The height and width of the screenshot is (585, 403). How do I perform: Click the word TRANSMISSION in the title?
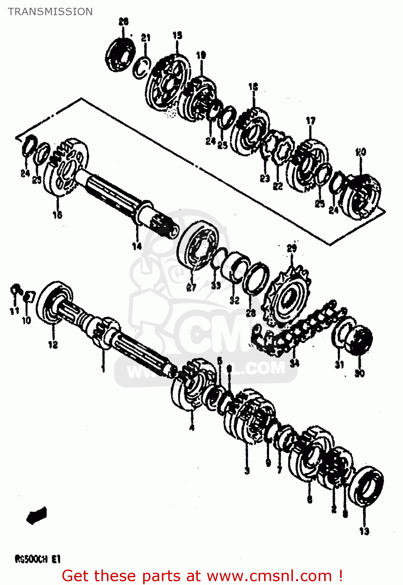pos(50,12)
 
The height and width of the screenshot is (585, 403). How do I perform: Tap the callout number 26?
pos(123,22)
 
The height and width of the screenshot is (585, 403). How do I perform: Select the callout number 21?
pos(146,38)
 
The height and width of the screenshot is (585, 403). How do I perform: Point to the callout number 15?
pos(177,35)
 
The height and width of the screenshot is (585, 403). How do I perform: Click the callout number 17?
pos(311,121)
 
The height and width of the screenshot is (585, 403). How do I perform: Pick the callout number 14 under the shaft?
pos(137,246)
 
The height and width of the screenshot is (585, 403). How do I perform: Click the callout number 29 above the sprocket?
pos(292,248)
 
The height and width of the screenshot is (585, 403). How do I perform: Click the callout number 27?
pos(191,288)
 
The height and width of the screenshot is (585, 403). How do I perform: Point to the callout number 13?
pos(364,531)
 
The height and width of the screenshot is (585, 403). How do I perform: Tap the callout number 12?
pos(53,344)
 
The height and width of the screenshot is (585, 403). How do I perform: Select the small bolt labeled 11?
pos(15,291)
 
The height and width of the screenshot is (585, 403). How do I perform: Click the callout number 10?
pos(26,321)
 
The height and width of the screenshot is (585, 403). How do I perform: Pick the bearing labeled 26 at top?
pos(121,54)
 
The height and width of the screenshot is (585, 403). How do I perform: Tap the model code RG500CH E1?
pos(37,560)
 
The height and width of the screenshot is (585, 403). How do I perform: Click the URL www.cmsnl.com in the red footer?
pos(269,576)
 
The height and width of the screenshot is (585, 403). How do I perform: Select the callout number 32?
pos(234,300)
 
